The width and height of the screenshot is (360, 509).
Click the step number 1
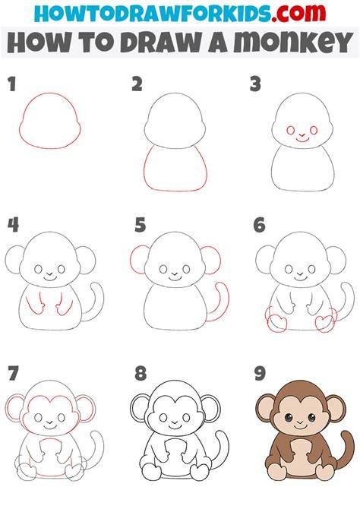11,84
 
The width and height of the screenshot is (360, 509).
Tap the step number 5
141,226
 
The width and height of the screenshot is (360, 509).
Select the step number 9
260,373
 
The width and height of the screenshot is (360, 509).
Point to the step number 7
13,373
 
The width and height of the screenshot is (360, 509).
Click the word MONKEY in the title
293,43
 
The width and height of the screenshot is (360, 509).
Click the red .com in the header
298,13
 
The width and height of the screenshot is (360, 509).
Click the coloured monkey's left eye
289,418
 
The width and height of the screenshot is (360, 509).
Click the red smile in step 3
302,140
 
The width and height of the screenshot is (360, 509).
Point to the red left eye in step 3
291,131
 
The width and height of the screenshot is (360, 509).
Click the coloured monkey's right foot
325,473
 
